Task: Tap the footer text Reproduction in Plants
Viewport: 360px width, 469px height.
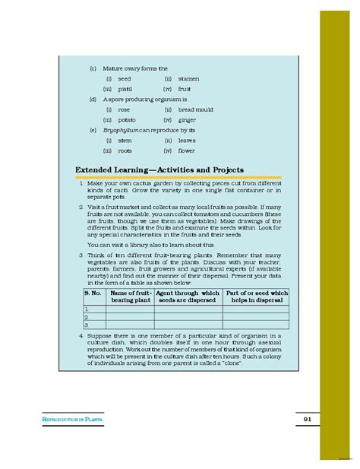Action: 72,420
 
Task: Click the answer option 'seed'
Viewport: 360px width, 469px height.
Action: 125,78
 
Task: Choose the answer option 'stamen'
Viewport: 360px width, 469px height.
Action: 188,78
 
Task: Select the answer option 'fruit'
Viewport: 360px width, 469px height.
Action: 185,89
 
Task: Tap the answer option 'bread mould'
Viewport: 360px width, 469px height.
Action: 196,109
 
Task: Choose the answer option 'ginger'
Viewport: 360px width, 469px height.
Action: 187,120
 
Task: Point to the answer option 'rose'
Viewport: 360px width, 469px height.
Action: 124,109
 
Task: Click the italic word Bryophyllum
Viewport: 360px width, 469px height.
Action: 120,130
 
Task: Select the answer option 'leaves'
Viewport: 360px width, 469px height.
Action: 187,141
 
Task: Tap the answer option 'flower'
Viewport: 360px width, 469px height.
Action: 187,151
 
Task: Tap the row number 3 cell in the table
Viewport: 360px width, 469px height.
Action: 88,325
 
